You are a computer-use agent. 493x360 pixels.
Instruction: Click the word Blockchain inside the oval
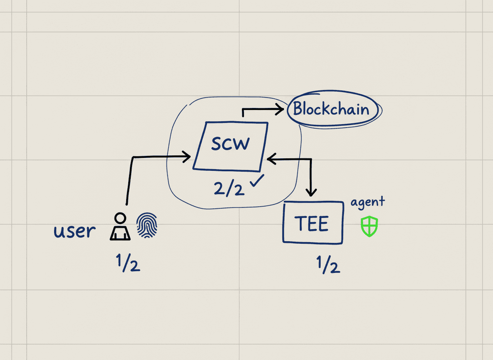pos(331,109)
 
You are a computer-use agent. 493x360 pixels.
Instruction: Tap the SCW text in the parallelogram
pos(230,144)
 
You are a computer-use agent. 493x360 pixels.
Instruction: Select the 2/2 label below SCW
pos(229,188)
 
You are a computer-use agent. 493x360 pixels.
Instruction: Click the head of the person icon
pos(120,218)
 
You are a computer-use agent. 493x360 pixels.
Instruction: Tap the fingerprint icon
pos(147,227)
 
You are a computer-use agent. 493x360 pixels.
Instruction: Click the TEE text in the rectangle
pos(312,224)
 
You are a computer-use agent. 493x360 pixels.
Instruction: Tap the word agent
pos(368,202)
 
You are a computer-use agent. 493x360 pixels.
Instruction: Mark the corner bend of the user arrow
pos(133,157)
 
